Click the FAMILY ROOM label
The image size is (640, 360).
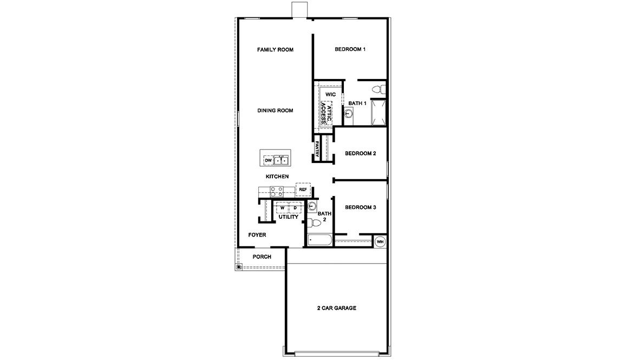tap(275, 50)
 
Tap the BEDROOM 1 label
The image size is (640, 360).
tap(350, 49)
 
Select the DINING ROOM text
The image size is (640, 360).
tap(275, 110)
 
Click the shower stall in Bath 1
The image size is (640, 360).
tap(377, 112)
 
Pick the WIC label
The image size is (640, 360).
tap(330, 94)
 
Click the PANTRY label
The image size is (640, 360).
tap(317, 149)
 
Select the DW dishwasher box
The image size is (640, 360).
tap(268, 160)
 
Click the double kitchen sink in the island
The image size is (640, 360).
tap(280, 160)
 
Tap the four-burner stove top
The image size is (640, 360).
tap(277, 191)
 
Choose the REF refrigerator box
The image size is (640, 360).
tap(303, 189)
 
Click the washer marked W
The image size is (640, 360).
tap(282, 208)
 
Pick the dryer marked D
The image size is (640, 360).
tap(295, 208)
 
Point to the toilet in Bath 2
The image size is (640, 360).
tap(311, 222)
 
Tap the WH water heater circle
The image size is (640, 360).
tap(380, 241)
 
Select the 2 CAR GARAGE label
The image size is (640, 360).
tap(336, 308)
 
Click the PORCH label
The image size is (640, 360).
tap(262, 257)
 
